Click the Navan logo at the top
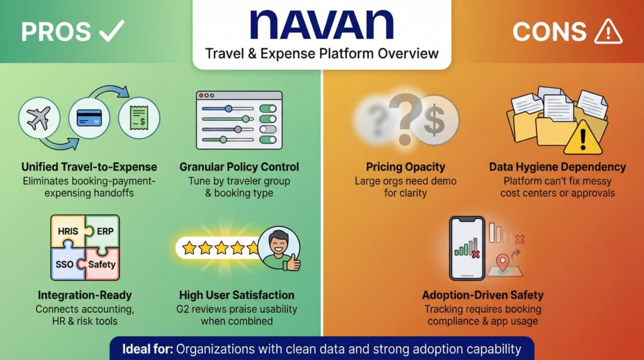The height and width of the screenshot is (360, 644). pyautogui.click(x=321, y=25)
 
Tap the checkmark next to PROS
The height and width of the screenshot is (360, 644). pyautogui.click(x=111, y=31)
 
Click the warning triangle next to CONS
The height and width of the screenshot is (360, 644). pyautogui.click(x=608, y=31)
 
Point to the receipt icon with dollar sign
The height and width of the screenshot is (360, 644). pyautogui.click(x=139, y=118)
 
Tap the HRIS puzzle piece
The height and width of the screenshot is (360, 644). pyautogui.click(x=67, y=233)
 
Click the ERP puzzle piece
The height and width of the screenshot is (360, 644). pyautogui.click(x=103, y=232)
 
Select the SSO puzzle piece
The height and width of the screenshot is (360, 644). pyautogui.click(x=66, y=263)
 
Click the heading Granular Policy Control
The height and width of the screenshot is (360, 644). pyautogui.click(x=239, y=167)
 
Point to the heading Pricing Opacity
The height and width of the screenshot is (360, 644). pyautogui.click(x=405, y=167)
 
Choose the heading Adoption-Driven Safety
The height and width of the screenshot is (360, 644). pyautogui.click(x=483, y=295)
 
